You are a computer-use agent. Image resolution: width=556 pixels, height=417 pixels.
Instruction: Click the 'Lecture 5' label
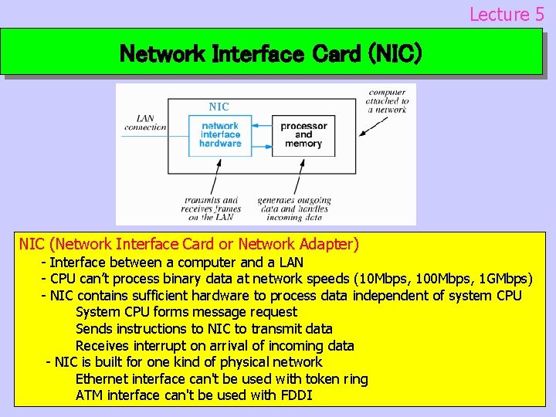point(507,14)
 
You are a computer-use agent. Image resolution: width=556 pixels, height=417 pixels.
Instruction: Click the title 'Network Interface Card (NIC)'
point(271,54)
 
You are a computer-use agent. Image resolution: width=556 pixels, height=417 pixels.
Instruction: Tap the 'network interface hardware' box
point(220,134)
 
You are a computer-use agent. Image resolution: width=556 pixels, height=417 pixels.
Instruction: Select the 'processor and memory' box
point(303,134)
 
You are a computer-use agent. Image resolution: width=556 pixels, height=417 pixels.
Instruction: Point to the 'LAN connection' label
point(144,123)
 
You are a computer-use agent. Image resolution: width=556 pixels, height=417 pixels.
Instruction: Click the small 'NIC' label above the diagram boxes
point(219,107)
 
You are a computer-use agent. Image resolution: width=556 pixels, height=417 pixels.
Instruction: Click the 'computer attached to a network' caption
point(388,101)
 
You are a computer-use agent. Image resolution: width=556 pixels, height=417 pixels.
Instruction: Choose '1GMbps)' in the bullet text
point(504,279)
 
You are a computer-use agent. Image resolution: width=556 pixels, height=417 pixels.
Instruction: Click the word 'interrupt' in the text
point(160,346)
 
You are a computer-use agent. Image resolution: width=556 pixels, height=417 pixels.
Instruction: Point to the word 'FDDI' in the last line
point(297,395)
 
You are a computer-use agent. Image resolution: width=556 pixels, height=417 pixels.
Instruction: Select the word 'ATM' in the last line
point(90,395)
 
